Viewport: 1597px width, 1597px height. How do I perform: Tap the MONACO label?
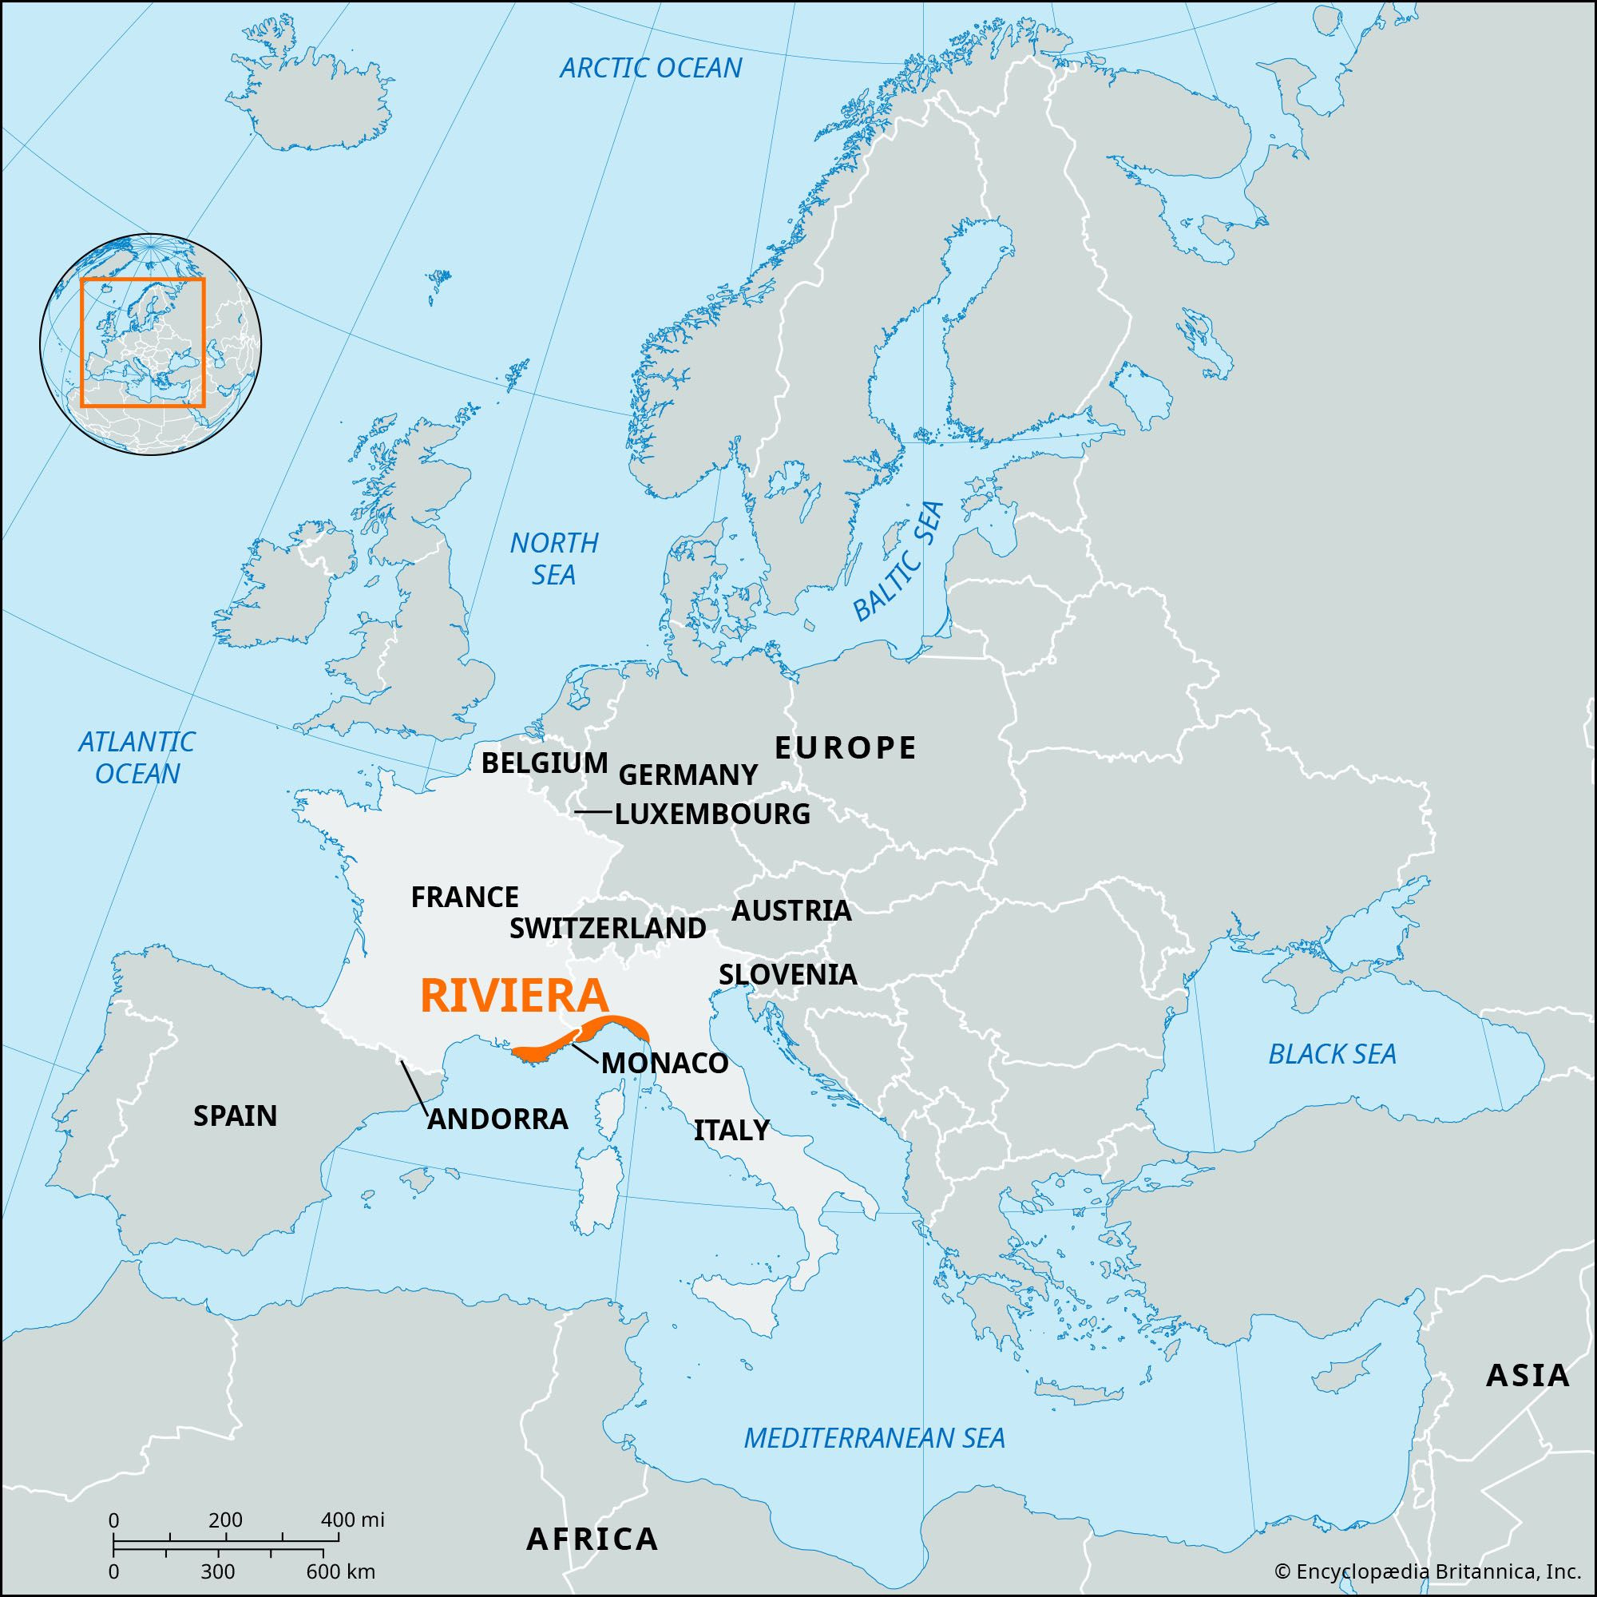pos(664,1063)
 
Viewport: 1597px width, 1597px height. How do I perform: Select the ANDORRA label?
pos(497,1119)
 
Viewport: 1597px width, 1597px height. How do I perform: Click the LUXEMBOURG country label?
pos(711,814)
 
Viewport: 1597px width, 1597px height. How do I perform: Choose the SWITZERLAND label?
pos(608,929)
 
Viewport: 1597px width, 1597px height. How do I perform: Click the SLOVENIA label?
pos(787,974)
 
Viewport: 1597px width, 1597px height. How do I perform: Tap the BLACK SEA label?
pos(1332,1054)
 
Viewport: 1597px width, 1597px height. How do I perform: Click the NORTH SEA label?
pos(554,559)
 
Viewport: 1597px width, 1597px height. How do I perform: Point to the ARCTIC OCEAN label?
pos(651,68)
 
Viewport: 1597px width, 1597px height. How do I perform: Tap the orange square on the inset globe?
pos(142,343)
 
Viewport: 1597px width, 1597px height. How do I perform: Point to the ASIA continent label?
pos(1527,1376)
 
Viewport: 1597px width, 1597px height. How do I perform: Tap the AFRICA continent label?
pos(592,1540)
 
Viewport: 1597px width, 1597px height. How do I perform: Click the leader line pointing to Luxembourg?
pos(593,813)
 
